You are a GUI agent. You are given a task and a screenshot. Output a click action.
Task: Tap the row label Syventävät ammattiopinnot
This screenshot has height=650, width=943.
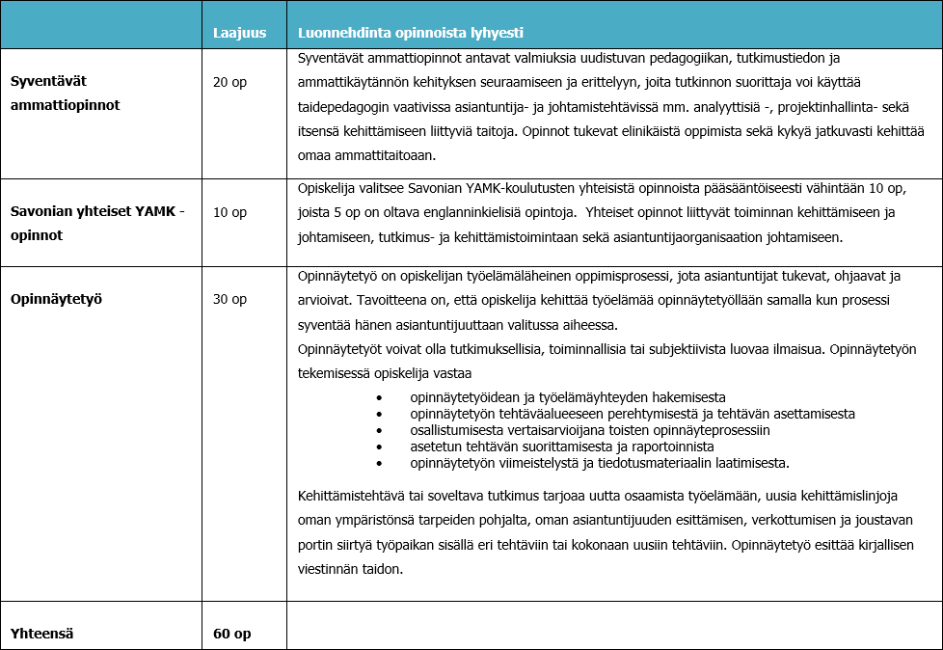(x=65, y=94)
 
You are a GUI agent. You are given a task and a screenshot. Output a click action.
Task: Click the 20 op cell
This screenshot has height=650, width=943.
(x=229, y=82)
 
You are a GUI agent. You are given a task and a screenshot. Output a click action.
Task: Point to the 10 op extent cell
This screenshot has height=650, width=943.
(x=229, y=212)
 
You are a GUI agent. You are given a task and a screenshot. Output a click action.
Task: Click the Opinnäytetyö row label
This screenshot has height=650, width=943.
(x=56, y=299)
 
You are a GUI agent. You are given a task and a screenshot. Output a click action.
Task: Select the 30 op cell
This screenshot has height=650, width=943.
(x=229, y=299)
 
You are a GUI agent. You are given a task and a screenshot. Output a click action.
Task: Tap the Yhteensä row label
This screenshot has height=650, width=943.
(x=41, y=634)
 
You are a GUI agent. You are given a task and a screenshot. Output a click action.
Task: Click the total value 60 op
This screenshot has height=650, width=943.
(x=231, y=634)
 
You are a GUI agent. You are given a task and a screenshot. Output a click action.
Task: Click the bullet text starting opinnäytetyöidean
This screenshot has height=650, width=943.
(x=567, y=397)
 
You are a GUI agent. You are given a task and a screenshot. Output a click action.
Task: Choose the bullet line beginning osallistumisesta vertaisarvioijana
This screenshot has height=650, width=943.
(x=589, y=430)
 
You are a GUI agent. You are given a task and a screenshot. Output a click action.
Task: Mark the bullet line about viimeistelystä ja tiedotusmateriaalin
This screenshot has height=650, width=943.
(x=599, y=463)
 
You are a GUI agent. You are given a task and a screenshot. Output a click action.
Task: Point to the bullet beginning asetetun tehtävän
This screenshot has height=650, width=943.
(x=561, y=447)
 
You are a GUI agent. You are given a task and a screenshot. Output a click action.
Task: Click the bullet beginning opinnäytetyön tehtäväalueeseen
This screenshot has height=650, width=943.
(x=632, y=414)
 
